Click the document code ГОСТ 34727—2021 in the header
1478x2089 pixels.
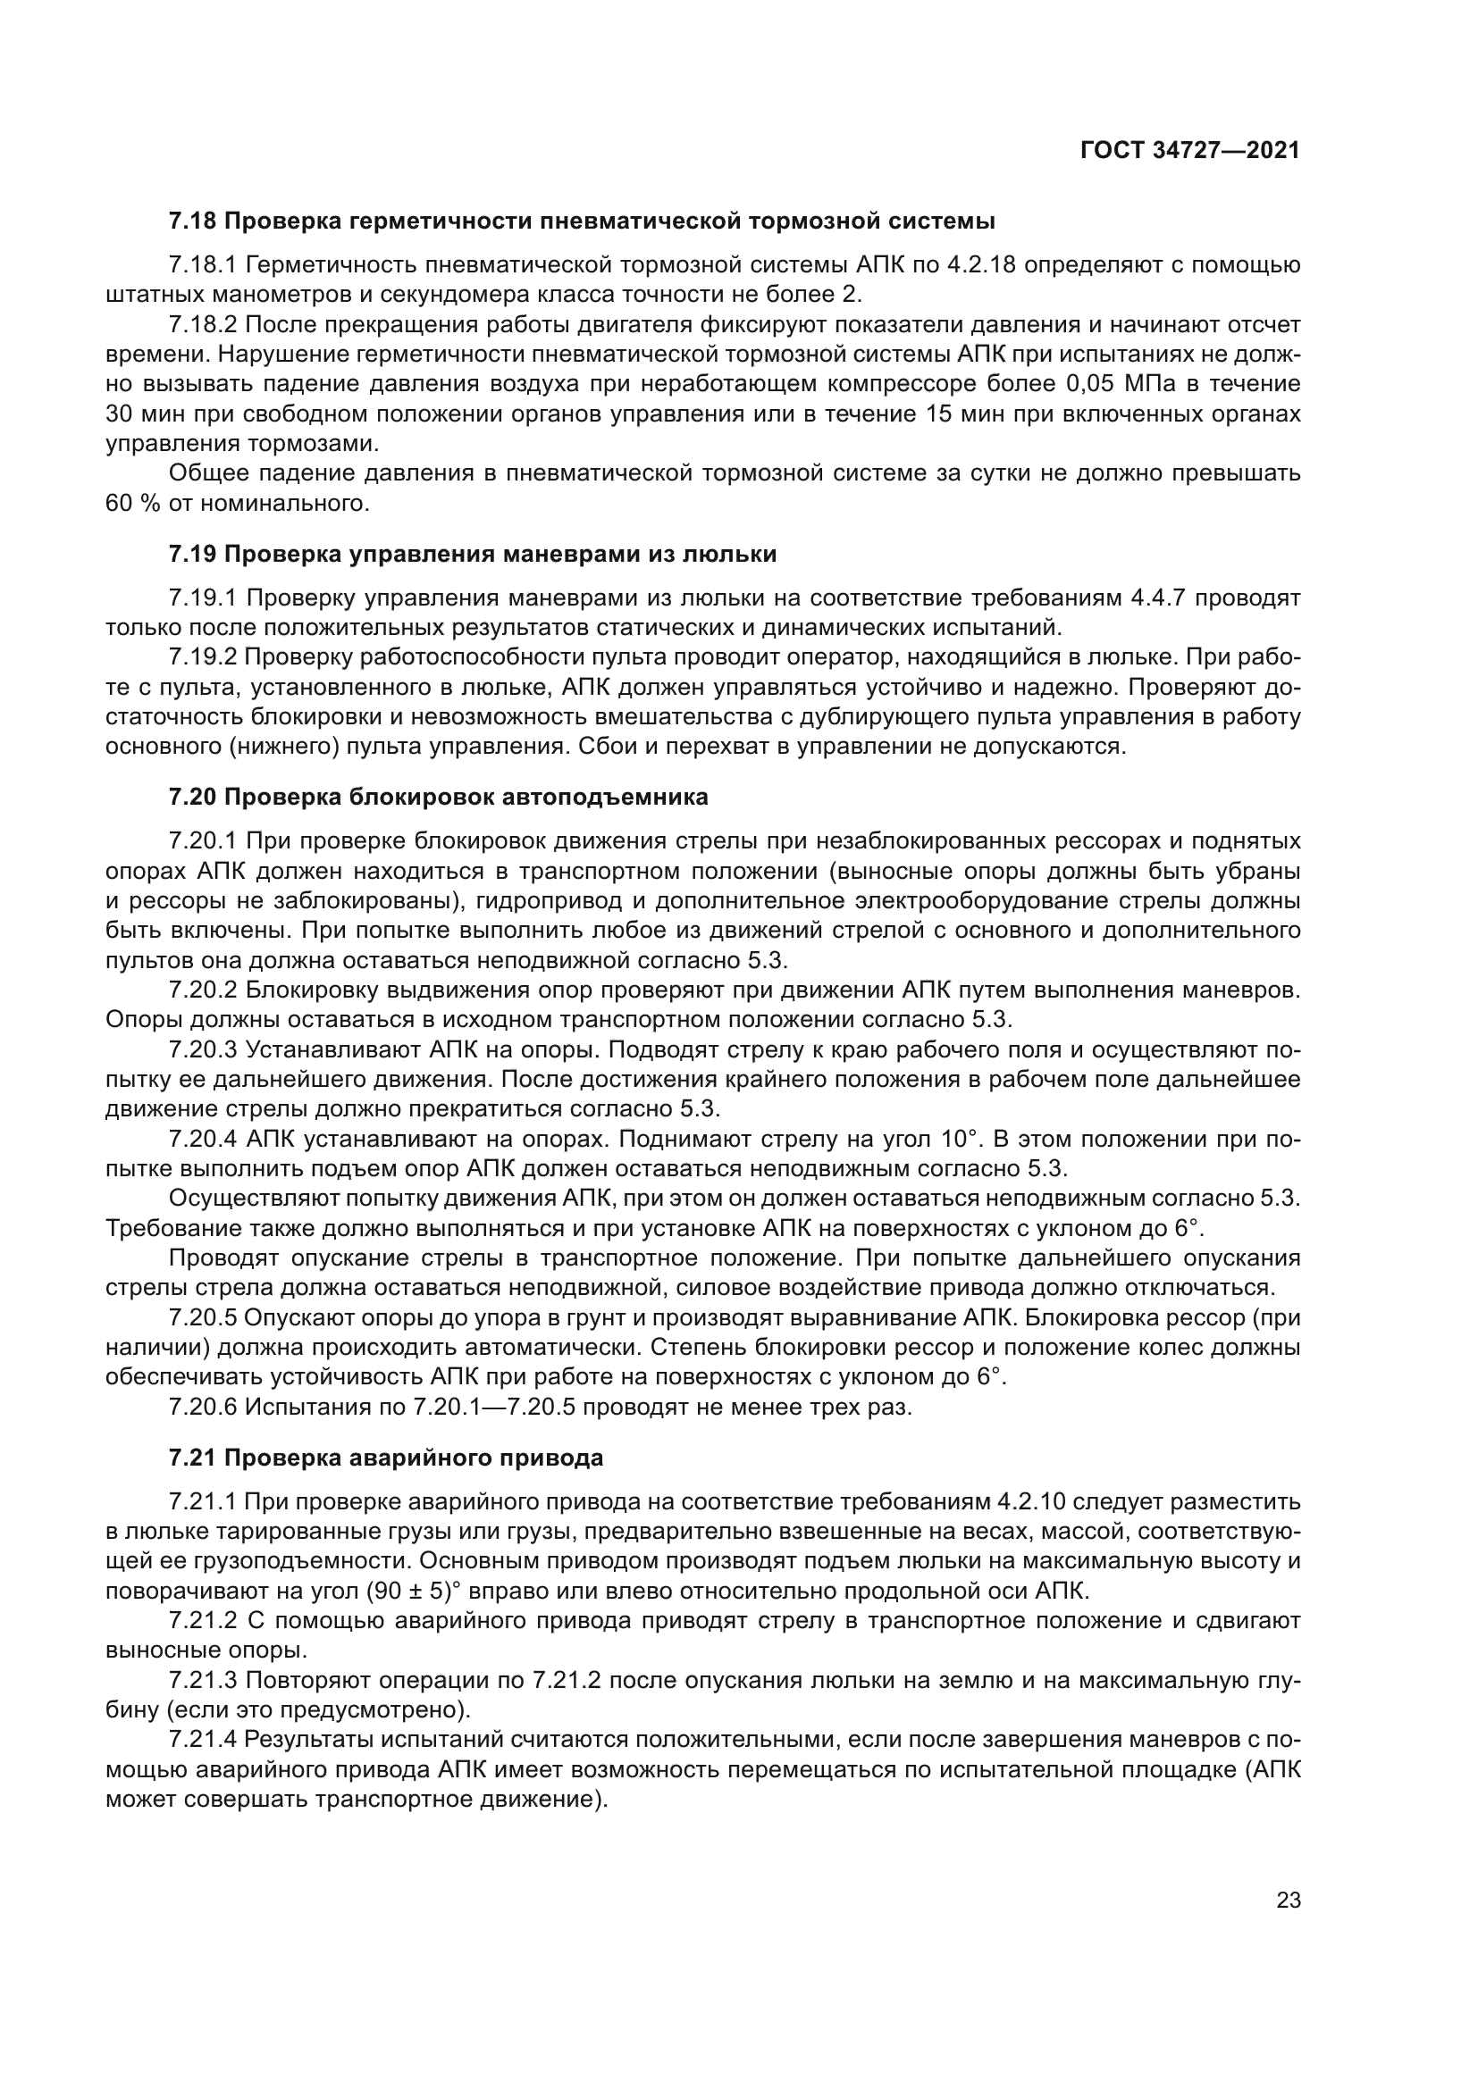coord(1189,151)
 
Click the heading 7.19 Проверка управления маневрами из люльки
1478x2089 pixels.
coord(473,554)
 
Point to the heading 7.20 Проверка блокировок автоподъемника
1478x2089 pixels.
coord(438,797)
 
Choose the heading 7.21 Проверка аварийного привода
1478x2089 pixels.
coord(386,1458)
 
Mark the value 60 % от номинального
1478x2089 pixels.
coord(238,503)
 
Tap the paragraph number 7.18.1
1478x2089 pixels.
coord(203,264)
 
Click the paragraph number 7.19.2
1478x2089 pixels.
coord(203,657)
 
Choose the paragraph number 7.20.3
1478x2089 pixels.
coord(203,1049)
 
